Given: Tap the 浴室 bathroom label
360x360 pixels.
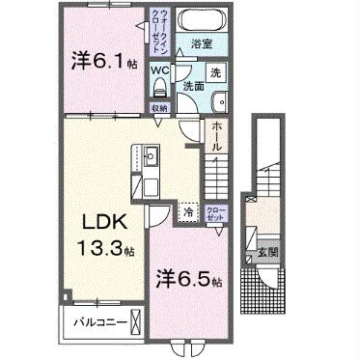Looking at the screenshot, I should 201,43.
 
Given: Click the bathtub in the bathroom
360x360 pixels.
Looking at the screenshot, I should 204,20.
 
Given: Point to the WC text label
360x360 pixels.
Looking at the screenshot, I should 161,70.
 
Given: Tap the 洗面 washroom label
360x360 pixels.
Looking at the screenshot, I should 193,87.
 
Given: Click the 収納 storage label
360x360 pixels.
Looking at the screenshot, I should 160,108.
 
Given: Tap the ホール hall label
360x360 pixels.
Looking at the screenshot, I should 218,135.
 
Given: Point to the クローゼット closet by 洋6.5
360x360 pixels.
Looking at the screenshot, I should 217,212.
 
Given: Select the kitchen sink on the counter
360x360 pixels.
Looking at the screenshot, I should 152,152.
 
